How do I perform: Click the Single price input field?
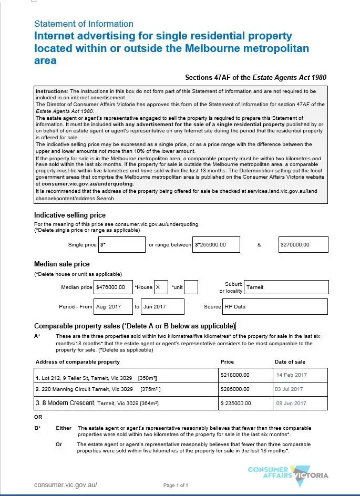(121, 244)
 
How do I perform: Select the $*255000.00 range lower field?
(216, 244)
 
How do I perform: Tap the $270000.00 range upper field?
(303, 244)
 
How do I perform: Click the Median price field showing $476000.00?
(113, 287)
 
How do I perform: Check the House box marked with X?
(160, 287)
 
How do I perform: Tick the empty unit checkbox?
(191, 287)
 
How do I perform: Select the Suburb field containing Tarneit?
(286, 287)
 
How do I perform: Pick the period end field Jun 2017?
(162, 306)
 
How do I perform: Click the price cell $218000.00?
(244, 375)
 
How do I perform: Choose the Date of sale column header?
(290, 361)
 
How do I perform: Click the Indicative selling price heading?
(70, 215)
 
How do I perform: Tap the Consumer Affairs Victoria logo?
(288, 473)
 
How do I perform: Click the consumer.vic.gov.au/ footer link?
(66, 484)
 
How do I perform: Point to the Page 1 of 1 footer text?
(176, 485)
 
